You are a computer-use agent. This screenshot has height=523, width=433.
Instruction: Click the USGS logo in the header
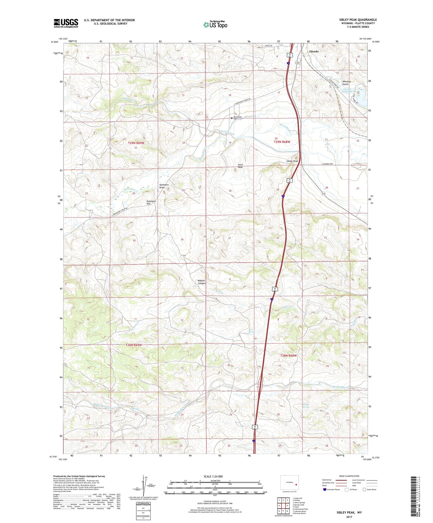[66, 23]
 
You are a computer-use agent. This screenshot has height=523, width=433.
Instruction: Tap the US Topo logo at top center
[215, 24]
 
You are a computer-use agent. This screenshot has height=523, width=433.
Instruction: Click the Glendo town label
[314, 51]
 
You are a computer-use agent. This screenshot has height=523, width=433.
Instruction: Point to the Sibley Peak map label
[292, 161]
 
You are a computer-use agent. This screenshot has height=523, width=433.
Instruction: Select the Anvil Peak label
[240, 166]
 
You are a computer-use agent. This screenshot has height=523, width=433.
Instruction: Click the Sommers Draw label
[164, 186]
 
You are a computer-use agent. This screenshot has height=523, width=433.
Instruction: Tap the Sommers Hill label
[151, 202]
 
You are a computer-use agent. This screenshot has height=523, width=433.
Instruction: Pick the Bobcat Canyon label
[202, 282]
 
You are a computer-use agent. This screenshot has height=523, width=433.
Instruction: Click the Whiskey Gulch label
[347, 83]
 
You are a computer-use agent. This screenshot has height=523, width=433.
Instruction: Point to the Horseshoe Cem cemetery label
[237, 118]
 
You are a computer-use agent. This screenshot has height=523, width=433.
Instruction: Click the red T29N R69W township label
[136, 143]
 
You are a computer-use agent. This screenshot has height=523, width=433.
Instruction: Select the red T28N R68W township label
[288, 355]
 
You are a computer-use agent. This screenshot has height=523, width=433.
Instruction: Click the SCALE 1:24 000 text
[213, 476]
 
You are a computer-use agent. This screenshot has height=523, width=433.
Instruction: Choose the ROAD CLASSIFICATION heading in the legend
[349, 476]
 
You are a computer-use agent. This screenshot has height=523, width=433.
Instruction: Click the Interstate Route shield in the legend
[325, 489]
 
